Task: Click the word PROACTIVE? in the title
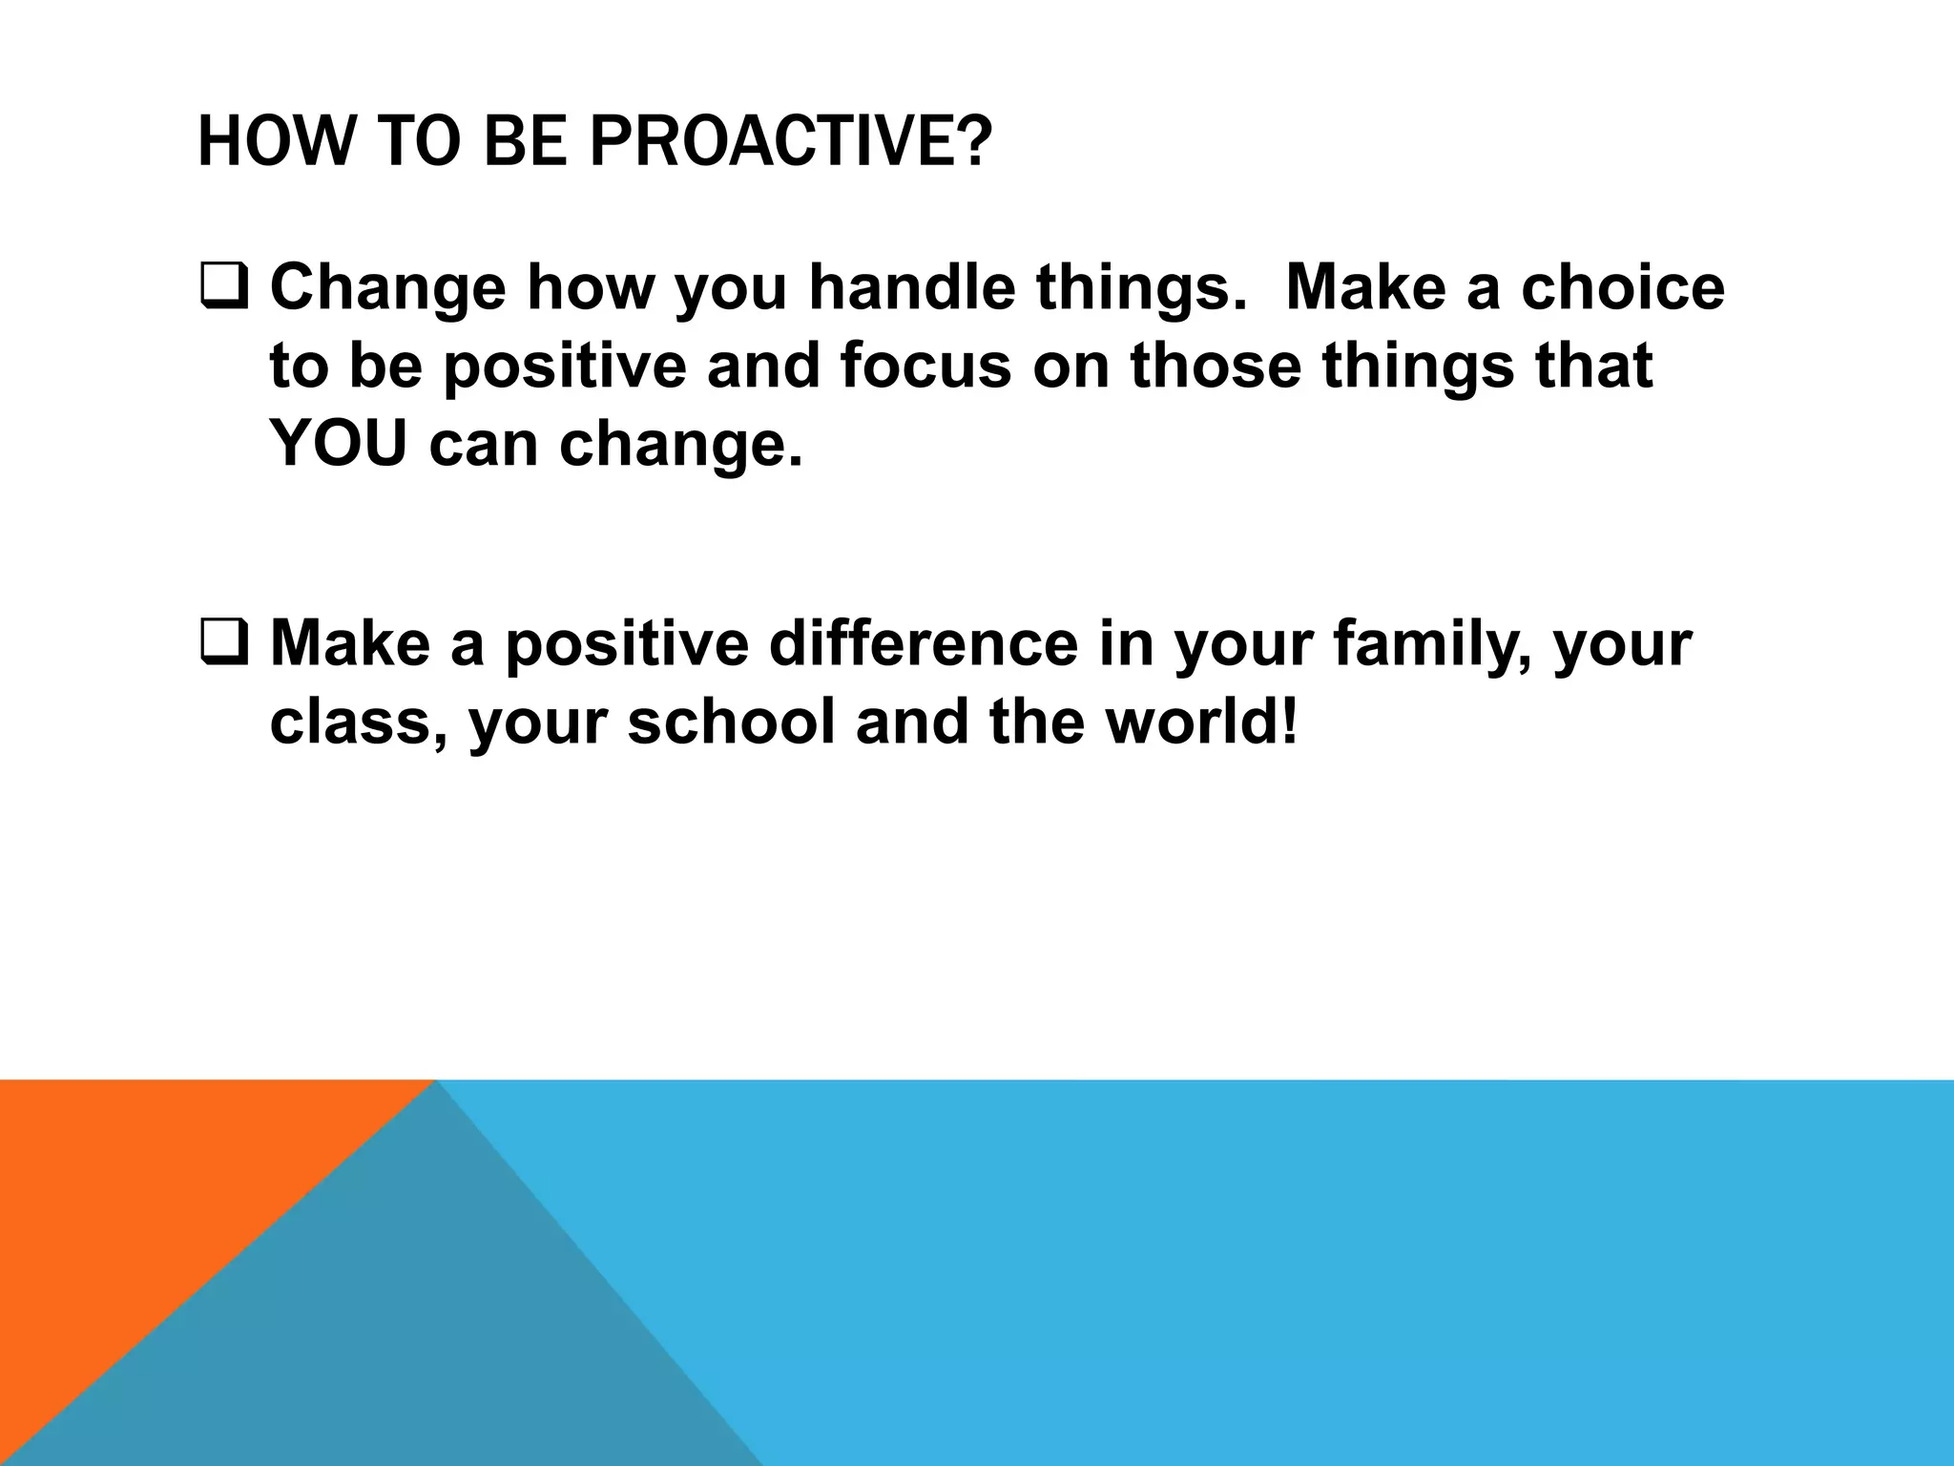(791, 141)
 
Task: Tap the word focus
(925, 366)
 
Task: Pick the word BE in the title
(524, 141)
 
